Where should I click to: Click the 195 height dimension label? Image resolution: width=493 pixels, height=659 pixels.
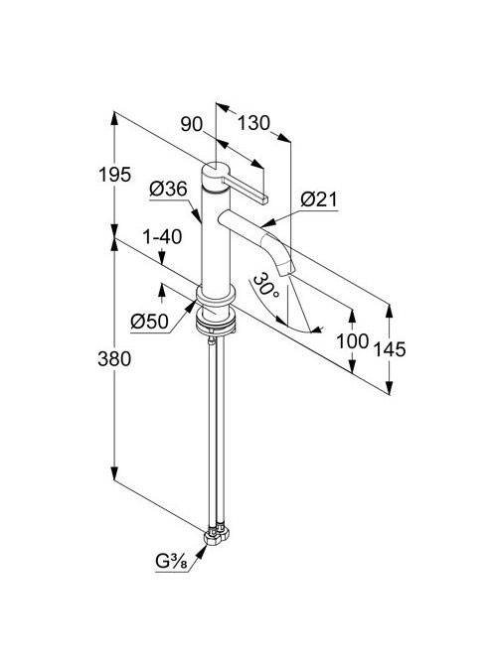pos(114,174)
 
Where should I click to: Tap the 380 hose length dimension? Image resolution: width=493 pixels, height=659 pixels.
pos(114,359)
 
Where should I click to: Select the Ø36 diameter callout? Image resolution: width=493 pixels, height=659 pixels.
pos(168,190)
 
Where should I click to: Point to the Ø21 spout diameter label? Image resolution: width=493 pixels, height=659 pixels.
pos(319,199)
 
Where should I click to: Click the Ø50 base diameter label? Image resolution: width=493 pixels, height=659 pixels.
pos(149,322)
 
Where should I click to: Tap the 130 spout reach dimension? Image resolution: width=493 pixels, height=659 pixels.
pos(253,123)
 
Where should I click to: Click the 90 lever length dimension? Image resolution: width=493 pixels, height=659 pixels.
pos(192,124)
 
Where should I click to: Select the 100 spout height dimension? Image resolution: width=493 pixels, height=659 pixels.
pos(352,341)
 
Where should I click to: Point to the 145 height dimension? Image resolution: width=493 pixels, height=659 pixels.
pos(390,349)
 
